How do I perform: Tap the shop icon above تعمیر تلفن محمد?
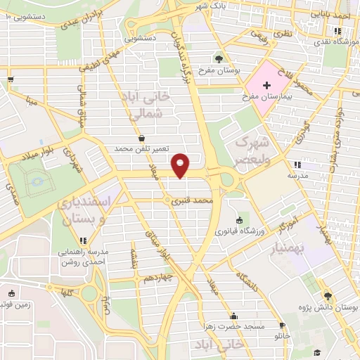click(143, 139)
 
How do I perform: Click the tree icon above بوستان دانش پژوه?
click(326, 296)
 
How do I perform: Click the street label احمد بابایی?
click(330, 13)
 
